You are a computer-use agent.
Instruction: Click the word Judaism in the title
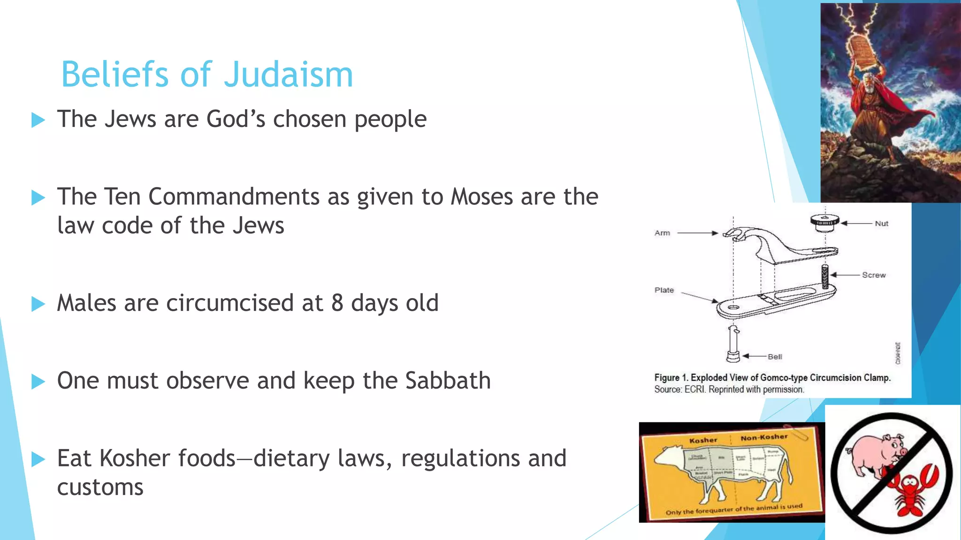point(288,75)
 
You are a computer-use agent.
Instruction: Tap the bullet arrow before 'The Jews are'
point(38,120)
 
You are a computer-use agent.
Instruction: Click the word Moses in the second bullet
point(481,197)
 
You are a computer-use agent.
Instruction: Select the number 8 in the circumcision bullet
point(337,303)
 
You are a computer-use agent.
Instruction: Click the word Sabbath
point(448,381)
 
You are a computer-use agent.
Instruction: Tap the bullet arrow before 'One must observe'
point(38,382)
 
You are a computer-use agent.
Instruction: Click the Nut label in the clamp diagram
point(881,224)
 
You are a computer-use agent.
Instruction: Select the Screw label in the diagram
point(874,275)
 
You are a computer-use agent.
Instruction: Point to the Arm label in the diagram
point(662,233)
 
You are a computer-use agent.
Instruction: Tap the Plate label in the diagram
point(664,290)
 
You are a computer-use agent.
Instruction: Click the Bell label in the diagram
point(775,357)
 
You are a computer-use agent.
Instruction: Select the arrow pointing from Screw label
point(845,275)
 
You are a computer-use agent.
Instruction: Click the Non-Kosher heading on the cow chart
point(764,437)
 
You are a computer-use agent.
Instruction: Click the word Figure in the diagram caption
point(667,378)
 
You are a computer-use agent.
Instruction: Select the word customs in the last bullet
point(100,487)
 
